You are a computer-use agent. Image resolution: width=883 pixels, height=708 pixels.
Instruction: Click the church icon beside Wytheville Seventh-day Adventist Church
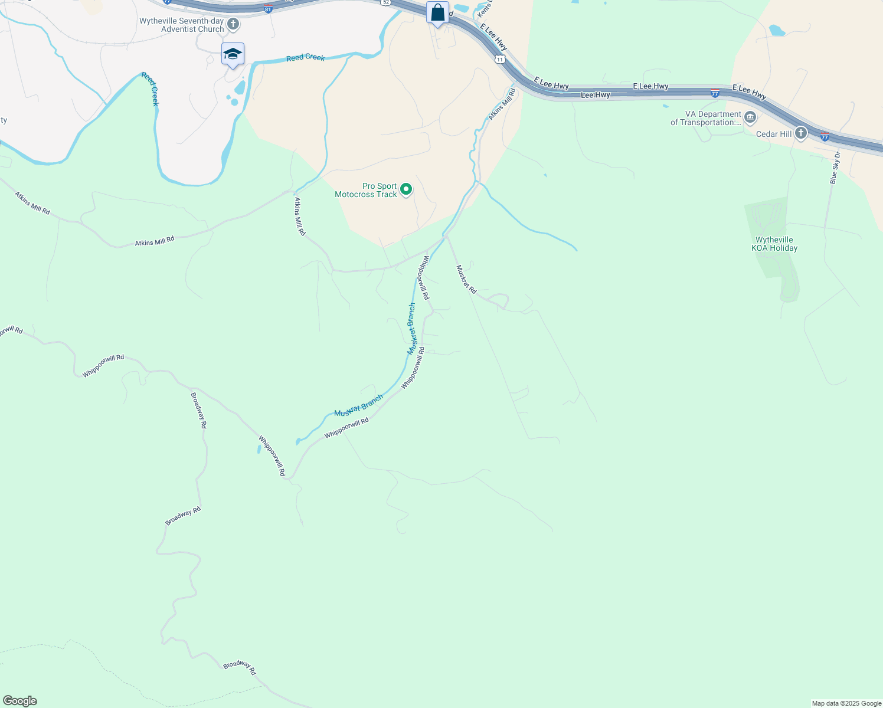233,24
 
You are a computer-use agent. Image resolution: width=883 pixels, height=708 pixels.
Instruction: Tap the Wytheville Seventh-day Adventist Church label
182,25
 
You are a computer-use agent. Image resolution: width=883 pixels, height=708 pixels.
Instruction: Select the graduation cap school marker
233,54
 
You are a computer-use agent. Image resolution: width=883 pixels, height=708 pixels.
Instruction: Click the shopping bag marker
437,12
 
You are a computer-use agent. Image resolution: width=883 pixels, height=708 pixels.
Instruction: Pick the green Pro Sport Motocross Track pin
406,189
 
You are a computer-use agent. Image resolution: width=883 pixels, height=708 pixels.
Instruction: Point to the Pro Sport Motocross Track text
366,190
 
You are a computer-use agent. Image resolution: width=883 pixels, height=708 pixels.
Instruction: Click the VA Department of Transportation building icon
750,117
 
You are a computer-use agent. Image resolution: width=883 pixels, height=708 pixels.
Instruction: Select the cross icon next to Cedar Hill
800,133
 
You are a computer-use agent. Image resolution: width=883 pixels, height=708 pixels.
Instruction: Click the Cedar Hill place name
774,134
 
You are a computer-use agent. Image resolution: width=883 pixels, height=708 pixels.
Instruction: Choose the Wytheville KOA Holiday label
774,244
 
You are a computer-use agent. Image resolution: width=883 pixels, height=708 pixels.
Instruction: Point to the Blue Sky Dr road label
835,168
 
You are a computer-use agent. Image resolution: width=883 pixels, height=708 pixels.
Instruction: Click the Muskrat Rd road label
466,279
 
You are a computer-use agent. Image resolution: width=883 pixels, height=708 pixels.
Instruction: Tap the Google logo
19,701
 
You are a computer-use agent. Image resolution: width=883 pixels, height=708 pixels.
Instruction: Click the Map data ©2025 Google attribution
846,703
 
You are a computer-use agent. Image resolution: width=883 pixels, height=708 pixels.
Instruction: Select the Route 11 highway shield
500,60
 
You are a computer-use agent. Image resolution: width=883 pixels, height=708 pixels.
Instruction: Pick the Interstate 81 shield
268,9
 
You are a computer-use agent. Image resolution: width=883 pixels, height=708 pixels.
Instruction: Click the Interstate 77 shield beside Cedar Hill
825,137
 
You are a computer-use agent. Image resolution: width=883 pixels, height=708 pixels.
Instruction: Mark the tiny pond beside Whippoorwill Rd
259,449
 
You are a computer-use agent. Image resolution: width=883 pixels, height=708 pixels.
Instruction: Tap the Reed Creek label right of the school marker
305,57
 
